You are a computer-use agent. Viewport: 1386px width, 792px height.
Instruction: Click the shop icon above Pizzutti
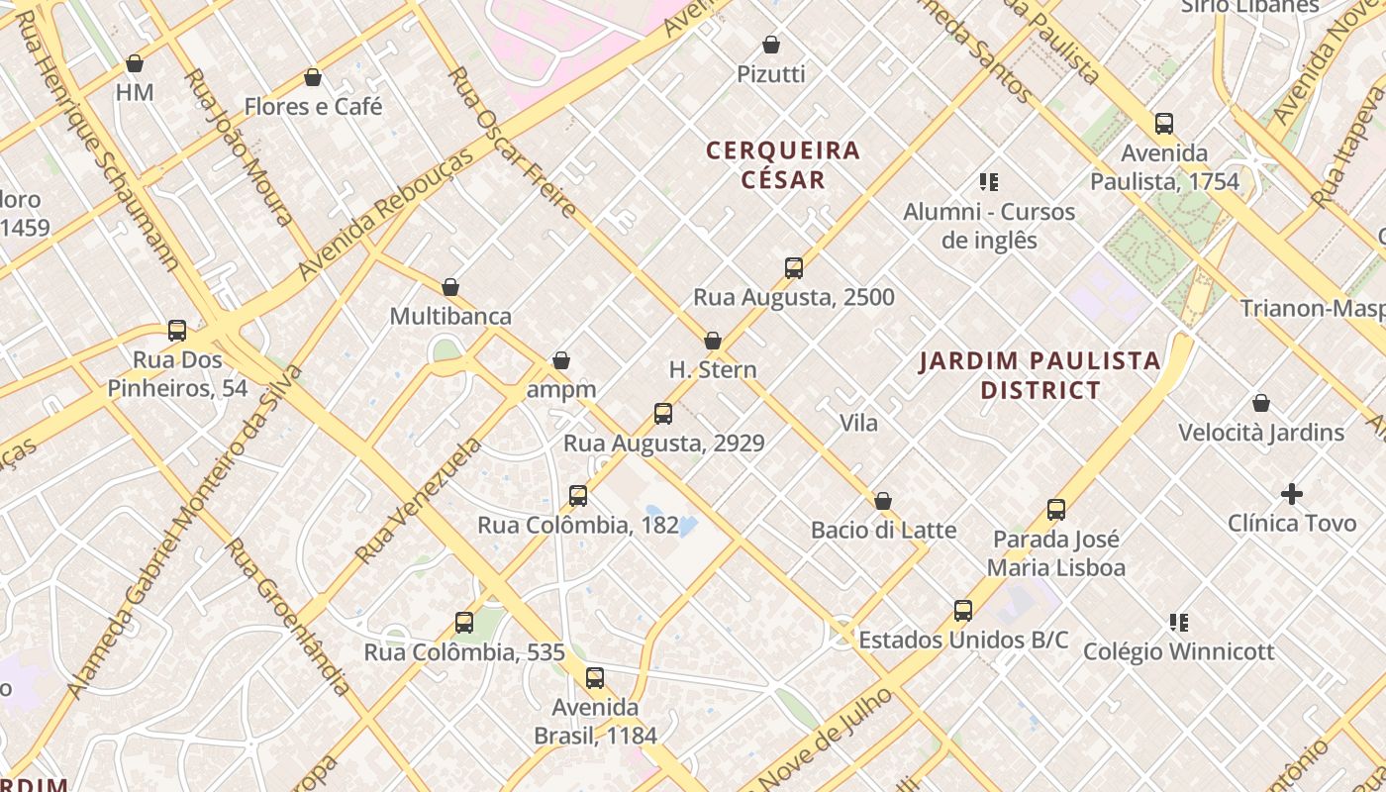(771, 45)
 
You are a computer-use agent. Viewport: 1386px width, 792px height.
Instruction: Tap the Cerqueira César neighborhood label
(783, 164)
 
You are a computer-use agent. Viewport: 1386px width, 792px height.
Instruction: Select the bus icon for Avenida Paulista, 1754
(1164, 124)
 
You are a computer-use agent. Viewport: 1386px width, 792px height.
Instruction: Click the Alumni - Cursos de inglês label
(988, 226)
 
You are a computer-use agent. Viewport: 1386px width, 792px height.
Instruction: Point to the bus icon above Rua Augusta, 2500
(793, 267)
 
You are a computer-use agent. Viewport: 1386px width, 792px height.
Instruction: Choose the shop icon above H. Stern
(713, 341)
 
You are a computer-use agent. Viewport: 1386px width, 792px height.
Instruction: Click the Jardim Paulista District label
(1039, 374)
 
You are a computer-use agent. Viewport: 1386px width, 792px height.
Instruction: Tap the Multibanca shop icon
(450, 287)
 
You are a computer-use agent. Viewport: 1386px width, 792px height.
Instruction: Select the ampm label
(561, 389)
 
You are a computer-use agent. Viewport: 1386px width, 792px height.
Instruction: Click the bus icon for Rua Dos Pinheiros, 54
(177, 330)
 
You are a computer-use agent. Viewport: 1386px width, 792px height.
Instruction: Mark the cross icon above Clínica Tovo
(1292, 493)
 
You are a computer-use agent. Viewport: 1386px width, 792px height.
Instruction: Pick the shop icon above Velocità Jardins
(1261, 403)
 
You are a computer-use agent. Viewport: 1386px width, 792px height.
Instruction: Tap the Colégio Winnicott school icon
(1179, 622)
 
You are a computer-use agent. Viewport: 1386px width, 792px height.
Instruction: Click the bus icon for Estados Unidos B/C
(963, 610)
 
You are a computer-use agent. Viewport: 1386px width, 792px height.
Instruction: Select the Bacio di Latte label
(883, 530)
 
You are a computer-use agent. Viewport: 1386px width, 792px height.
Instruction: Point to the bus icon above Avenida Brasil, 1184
(595, 678)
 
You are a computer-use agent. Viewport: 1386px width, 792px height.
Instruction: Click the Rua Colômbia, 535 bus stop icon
(464, 623)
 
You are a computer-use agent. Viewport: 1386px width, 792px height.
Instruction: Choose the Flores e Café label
(313, 106)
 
